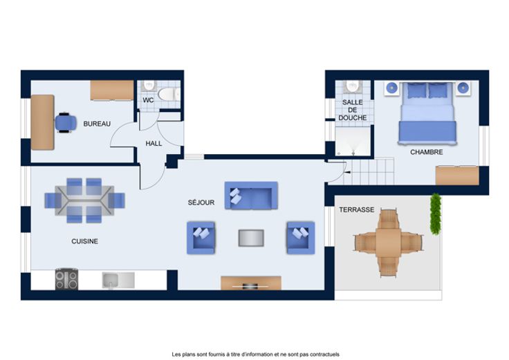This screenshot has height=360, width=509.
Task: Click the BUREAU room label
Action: click(97, 124)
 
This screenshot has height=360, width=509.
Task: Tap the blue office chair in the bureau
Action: click(66, 122)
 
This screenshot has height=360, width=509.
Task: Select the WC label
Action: click(148, 100)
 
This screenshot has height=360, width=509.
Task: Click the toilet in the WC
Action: click(169, 95)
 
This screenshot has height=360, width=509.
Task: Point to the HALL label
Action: click(154, 143)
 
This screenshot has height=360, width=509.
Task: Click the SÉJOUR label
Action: click(201, 202)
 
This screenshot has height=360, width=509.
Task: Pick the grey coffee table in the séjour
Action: click(251, 238)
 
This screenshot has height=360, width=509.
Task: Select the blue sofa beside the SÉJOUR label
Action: click(251, 196)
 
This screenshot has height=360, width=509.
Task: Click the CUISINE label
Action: click(85, 241)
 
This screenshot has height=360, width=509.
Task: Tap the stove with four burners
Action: click(66, 279)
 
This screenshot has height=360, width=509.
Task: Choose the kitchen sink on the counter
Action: click(118, 281)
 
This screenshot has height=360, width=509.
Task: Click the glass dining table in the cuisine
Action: click(84, 200)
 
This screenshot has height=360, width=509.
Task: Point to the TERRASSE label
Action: click(356, 209)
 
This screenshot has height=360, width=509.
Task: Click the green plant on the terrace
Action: click(435, 214)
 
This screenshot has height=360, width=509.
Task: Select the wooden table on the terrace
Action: click(388, 243)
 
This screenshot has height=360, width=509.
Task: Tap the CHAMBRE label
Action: click(426, 152)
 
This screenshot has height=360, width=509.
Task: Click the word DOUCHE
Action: click(353, 117)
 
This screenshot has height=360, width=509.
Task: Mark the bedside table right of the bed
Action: click(463, 88)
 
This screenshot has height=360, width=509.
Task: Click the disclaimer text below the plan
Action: click(255, 354)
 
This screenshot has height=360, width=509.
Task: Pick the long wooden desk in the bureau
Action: click(42, 122)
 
